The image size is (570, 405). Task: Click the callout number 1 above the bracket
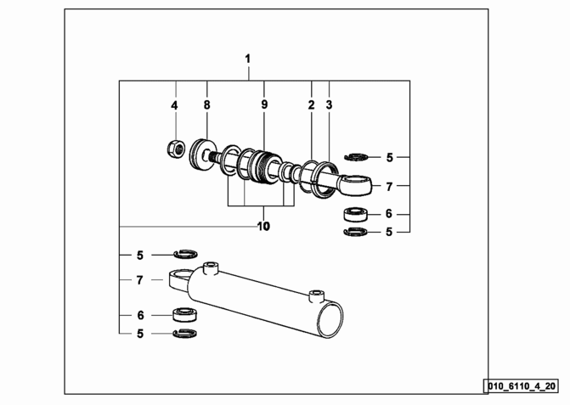pos(248,59)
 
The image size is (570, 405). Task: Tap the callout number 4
pos(174,105)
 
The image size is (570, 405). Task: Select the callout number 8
pos(206,105)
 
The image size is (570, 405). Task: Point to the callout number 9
pos(264,104)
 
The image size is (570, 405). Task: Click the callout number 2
pos(311,105)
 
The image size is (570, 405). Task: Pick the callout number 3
pos(329,105)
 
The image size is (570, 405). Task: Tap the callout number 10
pos(263,227)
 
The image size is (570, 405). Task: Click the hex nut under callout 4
pos(176,149)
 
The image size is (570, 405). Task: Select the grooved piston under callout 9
pos(265,166)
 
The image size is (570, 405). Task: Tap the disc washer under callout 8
pos(202,154)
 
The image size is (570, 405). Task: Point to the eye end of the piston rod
pos(356,184)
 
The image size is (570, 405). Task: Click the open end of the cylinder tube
pos(330,319)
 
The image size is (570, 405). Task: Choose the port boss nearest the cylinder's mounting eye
pos(212,267)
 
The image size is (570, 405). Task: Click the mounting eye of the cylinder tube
pos(178,279)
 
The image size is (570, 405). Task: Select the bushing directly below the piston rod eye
pos(356,214)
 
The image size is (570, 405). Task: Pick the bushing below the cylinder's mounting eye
pos(184,314)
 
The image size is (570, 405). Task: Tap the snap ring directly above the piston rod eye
pos(356,157)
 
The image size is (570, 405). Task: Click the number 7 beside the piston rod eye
pos(389,187)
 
